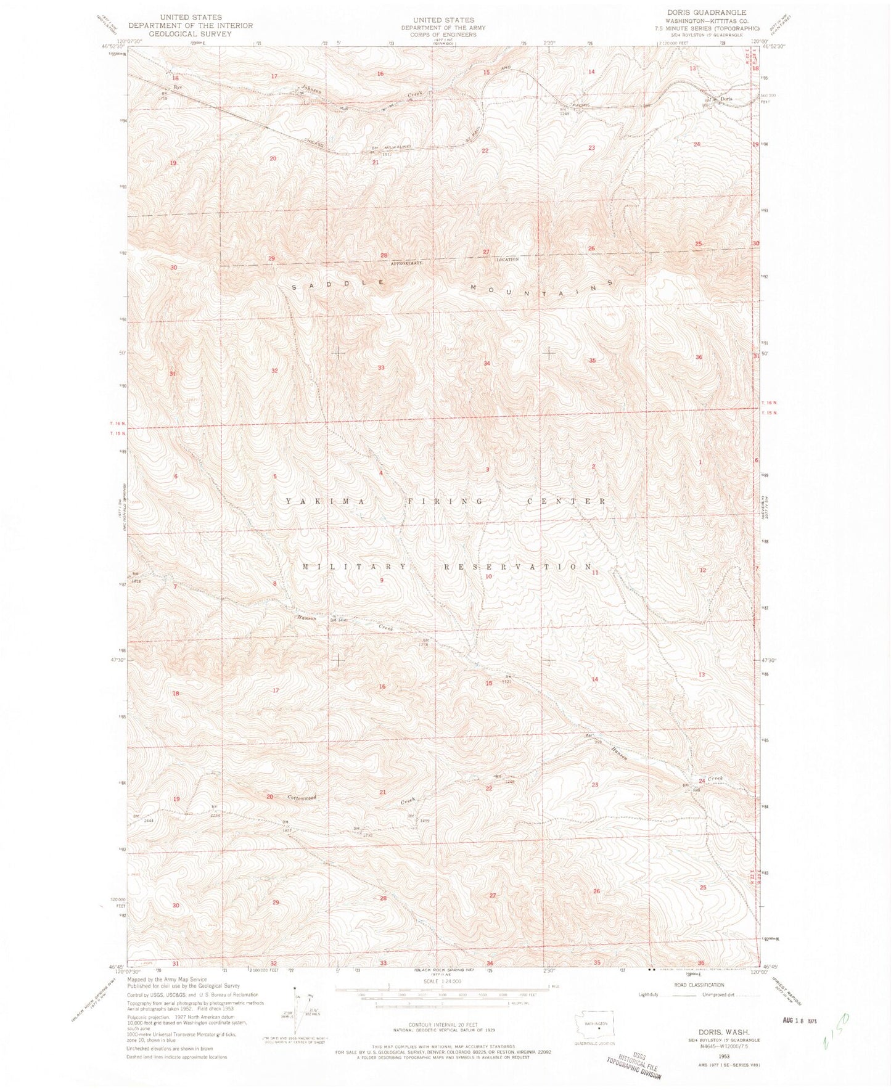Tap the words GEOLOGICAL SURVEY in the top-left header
[x=191, y=34]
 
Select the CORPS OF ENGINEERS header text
[x=444, y=35]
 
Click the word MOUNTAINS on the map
[x=542, y=285]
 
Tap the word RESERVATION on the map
[x=519, y=567]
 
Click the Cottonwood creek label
[x=302, y=798]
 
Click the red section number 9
[x=382, y=580]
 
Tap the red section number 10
[x=488, y=576]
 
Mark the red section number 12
[x=702, y=570]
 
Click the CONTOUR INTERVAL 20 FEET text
[x=443, y=1024]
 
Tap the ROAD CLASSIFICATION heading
[x=699, y=985]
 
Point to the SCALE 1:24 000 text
[x=443, y=981]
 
